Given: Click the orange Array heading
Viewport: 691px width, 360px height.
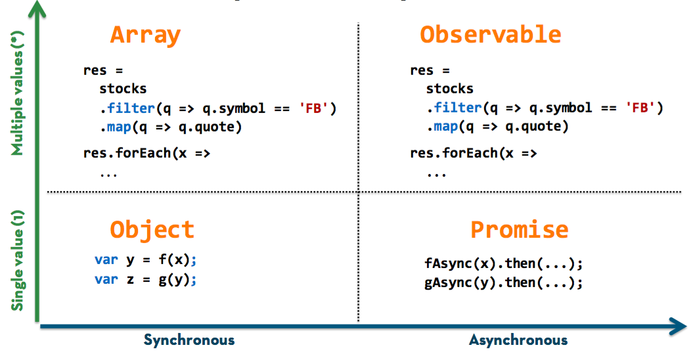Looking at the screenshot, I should [145, 35].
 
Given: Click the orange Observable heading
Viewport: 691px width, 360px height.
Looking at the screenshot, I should [491, 35].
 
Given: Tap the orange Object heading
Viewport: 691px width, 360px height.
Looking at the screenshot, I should [152, 229].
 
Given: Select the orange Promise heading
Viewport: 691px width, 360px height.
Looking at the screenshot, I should [519, 229].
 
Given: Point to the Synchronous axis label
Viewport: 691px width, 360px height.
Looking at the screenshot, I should [189, 340].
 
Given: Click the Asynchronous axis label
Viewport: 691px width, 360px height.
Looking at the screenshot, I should [518, 340].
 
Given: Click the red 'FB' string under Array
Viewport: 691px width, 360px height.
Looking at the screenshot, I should [318, 108].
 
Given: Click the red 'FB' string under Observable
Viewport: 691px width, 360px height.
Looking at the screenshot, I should [644, 108].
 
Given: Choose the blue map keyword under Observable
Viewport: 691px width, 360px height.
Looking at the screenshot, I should [446, 126].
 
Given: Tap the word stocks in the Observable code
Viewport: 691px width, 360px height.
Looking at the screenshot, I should [450, 89].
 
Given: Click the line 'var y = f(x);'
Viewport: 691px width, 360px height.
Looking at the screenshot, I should [146, 259].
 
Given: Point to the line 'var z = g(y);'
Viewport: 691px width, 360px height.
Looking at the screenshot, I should [146, 279].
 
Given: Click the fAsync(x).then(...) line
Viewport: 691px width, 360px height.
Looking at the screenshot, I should [504, 264].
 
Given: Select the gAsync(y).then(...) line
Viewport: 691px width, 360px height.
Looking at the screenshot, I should [504, 283].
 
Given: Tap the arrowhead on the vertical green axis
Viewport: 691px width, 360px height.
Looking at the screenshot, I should [39, 8].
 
